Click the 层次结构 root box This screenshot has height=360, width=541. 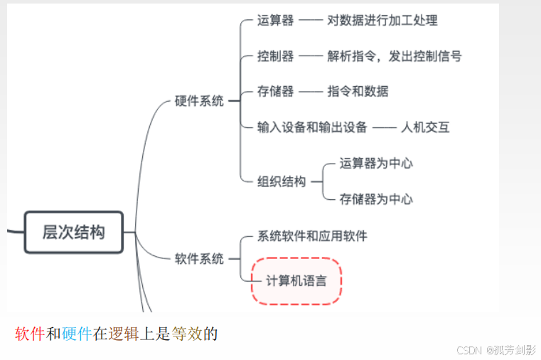(73, 232)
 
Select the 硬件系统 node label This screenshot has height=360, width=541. (199, 101)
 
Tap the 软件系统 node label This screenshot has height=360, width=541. (199, 258)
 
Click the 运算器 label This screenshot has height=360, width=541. (275, 21)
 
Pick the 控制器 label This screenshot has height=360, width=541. (275, 55)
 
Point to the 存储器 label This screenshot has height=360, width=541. (275, 91)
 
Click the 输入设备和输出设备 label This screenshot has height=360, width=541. (312, 127)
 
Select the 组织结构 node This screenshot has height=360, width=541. (281, 181)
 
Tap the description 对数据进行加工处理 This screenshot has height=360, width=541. (382, 21)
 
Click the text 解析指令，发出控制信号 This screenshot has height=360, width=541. (394, 55)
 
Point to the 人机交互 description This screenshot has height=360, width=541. (424, 127)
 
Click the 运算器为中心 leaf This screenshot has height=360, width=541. (376, 164)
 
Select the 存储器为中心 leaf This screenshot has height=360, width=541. (376, 199)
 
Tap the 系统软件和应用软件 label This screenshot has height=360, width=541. (312, 235)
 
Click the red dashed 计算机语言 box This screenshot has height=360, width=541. (296, 280)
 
